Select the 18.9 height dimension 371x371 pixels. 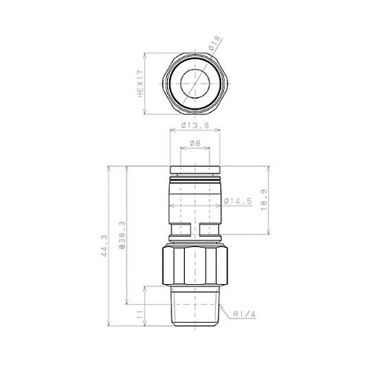point(265,200)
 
